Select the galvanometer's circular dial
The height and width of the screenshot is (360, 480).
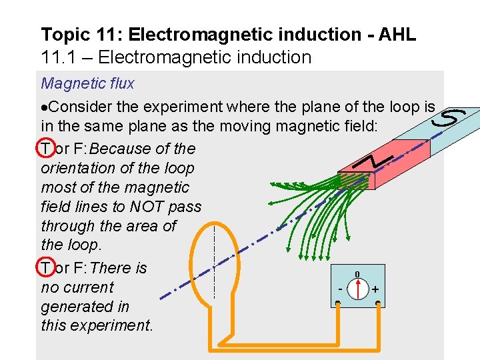point(358,290)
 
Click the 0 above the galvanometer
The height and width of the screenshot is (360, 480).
point(357,275)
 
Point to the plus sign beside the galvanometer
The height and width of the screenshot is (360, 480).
point(375,290)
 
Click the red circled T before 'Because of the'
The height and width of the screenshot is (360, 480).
point(45,149)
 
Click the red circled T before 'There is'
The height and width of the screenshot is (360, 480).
point(45,268)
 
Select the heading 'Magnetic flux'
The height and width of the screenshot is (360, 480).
point(87,83)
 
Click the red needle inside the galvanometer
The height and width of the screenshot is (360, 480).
point(358,289)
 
